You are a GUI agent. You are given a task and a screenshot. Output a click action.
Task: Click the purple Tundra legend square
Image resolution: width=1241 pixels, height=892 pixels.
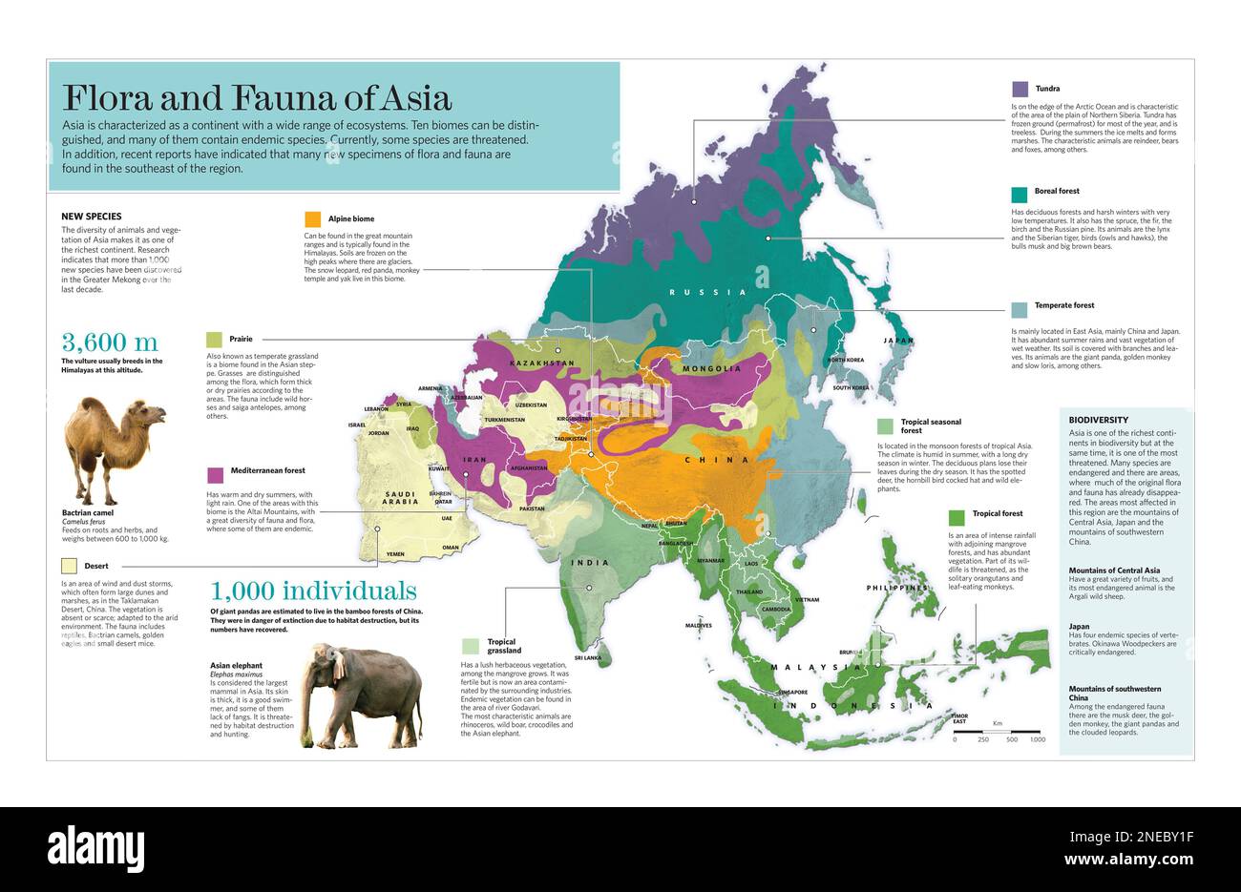[x=1020, y=90]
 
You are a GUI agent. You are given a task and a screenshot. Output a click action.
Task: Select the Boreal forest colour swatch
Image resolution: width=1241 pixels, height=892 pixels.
[x=1020, y=194]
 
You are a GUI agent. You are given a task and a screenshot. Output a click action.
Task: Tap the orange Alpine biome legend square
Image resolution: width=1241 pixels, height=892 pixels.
[x=312, y=219]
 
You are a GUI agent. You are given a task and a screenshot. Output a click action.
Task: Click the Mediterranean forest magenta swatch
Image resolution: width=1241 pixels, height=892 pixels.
[x=215, y=474]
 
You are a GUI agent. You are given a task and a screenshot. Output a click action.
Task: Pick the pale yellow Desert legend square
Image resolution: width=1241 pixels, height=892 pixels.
[x=69, y=566]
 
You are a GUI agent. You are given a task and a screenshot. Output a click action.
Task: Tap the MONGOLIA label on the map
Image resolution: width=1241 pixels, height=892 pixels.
[x=711, y=368]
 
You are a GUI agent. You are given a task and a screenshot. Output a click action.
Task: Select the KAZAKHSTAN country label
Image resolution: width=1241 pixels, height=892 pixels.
[x=542, y=363]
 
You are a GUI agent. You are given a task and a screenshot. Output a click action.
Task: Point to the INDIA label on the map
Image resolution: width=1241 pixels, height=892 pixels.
[x=590, y=563]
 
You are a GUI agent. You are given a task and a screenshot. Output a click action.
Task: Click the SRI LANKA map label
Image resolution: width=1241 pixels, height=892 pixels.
[x=587, y=658]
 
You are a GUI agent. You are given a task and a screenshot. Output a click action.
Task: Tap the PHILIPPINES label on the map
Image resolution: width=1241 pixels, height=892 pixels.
[x=896, y=588]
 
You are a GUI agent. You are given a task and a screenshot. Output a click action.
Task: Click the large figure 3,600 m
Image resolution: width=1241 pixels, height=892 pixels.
[x=110, y=342]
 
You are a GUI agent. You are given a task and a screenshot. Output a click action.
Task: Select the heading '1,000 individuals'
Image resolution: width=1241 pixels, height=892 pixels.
[x=312, y=590]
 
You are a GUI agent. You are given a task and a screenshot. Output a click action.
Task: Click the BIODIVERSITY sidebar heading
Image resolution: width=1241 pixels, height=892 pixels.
[x=1098, y=420]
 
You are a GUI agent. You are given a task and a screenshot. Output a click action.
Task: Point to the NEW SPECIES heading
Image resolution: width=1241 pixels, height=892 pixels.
[x=91, y=217]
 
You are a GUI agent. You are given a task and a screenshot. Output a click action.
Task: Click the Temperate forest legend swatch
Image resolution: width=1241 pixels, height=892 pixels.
[x=1020, y=309]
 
